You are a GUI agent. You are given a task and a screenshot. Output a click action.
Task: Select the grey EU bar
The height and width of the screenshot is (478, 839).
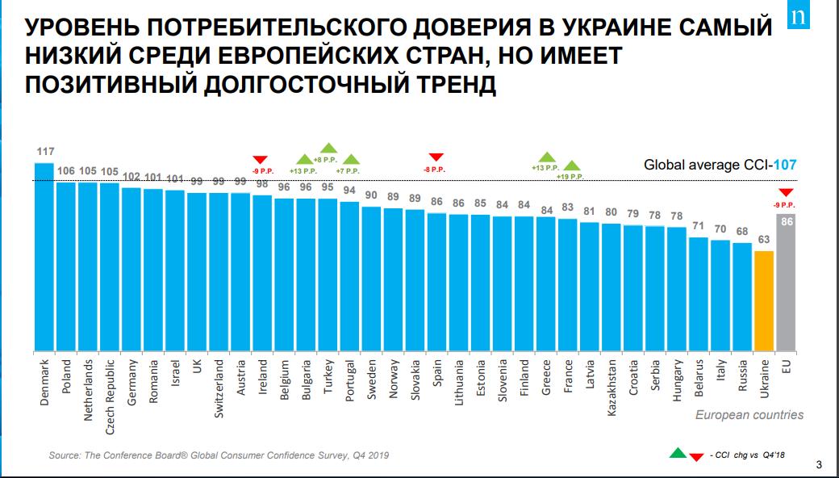coord(786,283)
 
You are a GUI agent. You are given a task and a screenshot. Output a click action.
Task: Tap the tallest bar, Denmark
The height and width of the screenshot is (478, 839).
coord(44,258)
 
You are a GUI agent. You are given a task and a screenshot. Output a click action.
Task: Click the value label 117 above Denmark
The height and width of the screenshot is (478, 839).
coord(44,151)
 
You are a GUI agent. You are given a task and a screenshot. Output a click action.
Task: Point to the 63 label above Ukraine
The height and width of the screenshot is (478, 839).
coord(764,240)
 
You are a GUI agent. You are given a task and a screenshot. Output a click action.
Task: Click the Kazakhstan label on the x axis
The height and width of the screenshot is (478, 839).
coord(612,388)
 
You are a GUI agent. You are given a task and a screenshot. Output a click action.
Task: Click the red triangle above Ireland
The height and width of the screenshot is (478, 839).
coord(261,159)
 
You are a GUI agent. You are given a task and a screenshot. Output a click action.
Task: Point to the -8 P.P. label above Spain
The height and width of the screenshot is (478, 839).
coord(436,170)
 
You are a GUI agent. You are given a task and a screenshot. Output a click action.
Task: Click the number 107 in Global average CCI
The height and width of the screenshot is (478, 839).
coord(785,165)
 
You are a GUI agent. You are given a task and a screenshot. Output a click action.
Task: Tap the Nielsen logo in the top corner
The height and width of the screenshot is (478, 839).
coord(820,18)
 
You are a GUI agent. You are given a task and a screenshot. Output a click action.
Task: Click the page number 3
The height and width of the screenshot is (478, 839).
coord(820,463)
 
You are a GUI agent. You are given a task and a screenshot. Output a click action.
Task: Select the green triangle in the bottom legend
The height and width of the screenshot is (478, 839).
coord(678,452)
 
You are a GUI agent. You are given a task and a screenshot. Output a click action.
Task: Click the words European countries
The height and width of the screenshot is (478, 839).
coord(750,415)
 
